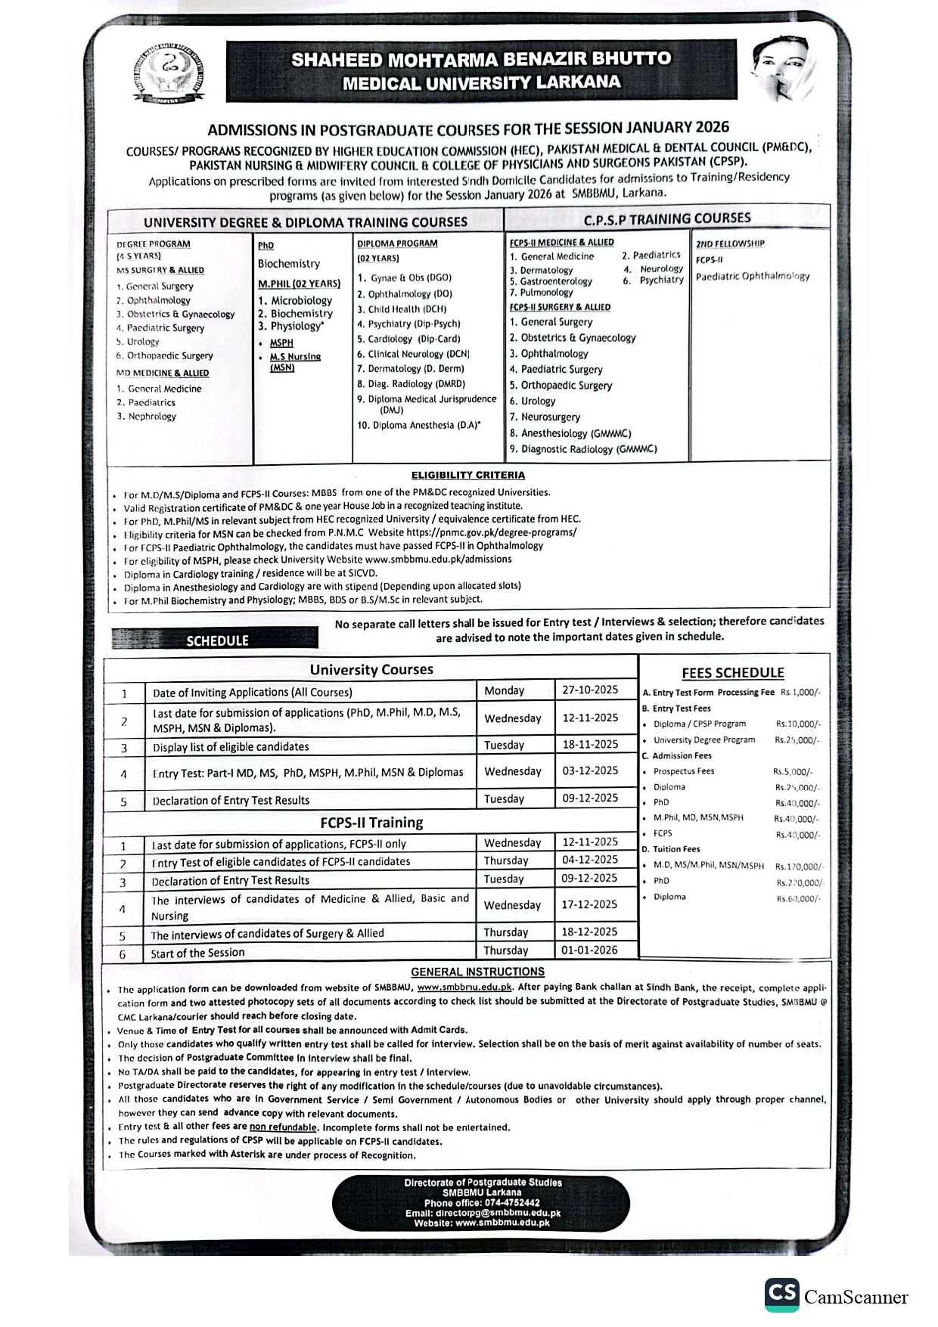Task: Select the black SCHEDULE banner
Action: tap(216, 640)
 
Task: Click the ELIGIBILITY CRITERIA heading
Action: tap(467, 475)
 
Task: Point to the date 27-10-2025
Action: tap(590, 690)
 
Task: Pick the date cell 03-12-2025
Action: tap(590, 770)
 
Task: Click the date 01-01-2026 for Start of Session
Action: tap(590, 950)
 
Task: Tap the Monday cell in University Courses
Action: tap(504, 690)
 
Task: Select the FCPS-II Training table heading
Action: tap(371, 823)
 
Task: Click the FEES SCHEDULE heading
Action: tap(732, 672)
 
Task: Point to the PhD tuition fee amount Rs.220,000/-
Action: tap(799, 882)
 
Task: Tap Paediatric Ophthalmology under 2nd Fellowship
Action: tap(752, 276)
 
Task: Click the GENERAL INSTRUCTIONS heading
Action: tap(477, 972)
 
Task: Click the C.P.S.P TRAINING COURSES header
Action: tap(667, 219)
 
